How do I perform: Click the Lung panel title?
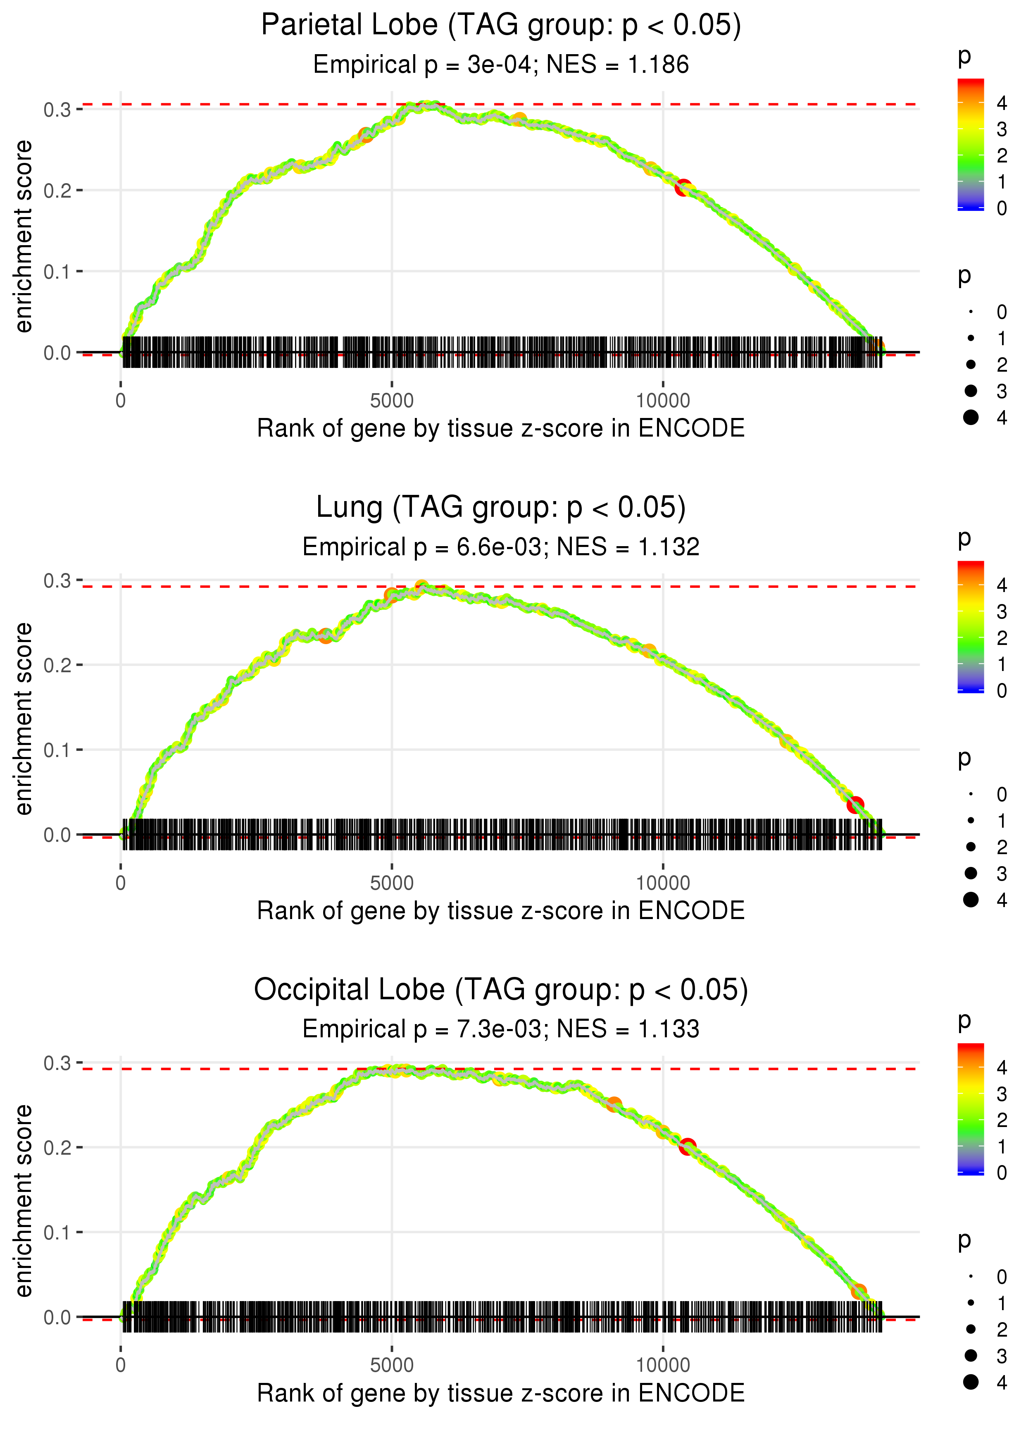pos(501,508)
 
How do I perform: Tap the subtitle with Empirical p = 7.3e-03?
pos(501,1029)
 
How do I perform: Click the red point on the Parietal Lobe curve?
pos(683,188)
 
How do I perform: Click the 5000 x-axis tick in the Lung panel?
pos(392,883)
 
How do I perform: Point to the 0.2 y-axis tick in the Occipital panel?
pos(57,1148)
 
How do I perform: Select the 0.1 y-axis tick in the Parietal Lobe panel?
pos(57,272)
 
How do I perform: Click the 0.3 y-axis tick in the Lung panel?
pos(57,581)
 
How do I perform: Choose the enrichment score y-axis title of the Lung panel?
pos(24,719)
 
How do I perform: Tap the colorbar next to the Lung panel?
pos(970,627)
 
